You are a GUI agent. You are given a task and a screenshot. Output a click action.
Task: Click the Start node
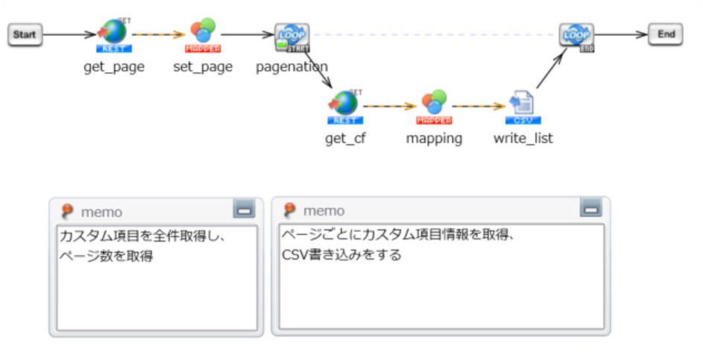[x=25, y=35]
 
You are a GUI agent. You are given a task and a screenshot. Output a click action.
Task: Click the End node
[x=666, y=34]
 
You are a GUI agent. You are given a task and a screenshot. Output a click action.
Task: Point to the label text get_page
[x=114, y=67]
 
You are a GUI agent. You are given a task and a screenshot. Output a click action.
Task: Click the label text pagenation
[x=291, y=67]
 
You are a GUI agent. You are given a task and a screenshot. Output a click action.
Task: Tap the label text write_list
[x=523, y=139]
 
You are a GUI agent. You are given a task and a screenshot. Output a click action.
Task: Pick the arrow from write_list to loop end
[x=550, y=71]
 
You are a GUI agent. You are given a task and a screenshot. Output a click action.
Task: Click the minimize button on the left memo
[x=244, y=209]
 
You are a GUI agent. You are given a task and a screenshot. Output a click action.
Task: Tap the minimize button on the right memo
[x=591, y=209]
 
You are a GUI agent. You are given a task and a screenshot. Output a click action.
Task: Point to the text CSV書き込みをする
[x=341, y=255]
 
